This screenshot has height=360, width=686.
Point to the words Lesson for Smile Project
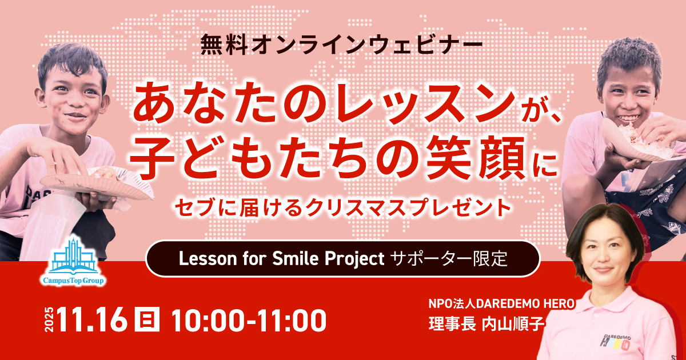[x=280, y=258]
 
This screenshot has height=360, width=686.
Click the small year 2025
[x=48, y=321]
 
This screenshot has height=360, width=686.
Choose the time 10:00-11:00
[x=249, y=321]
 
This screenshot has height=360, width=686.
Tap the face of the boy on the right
[x=628, y=92]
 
